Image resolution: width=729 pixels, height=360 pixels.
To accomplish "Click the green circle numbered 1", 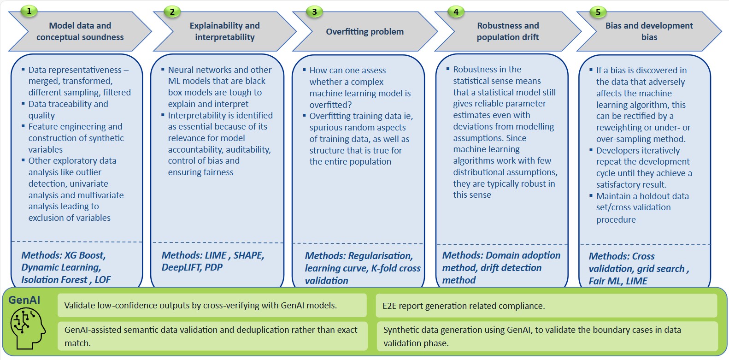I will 29,11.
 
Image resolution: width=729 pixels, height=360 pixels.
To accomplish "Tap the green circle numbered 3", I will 314,12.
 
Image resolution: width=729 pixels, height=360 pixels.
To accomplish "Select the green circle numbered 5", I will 598,12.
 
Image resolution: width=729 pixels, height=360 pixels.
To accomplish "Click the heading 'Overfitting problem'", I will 364,32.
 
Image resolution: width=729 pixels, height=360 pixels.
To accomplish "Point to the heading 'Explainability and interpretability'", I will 224,31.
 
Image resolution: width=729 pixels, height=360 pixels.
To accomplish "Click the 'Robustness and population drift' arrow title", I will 507,31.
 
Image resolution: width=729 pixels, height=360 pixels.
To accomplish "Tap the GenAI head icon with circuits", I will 27,328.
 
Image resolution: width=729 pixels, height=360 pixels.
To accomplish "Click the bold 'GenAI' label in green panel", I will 24,300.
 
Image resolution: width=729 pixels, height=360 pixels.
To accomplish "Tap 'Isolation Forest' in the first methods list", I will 54,280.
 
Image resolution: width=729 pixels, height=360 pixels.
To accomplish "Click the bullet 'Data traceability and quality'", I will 68,110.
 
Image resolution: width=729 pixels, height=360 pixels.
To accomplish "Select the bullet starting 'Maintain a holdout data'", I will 642,207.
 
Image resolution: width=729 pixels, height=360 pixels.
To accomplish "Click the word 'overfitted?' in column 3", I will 330,105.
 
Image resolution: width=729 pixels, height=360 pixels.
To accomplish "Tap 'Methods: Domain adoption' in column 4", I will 501,255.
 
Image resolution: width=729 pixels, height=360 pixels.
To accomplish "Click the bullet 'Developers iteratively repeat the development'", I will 642,167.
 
